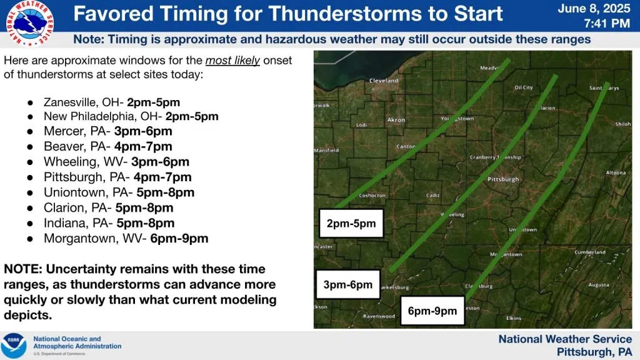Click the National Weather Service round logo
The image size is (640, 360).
[x=30, y=23]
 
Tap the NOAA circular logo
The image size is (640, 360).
[x=14, y=346]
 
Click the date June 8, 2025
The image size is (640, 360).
[x=594, y=9]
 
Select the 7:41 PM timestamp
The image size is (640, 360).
[x=607, y=23]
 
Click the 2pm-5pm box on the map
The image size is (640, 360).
[x=351, y=223]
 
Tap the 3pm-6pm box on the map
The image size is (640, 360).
[x=347, y=284]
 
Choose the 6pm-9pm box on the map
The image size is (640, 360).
[x=432, y=311]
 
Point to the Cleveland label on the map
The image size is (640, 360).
[x=384, y=81]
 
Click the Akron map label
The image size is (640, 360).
[x=396, y=119]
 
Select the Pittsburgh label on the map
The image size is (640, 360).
[x=503, y=179]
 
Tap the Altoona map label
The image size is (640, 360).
[x=616, y=172]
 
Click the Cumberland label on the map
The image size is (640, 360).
[x=590, y=252]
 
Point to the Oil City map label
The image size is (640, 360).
[x=523, y=87]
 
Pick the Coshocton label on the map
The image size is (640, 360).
[x=372, y=196]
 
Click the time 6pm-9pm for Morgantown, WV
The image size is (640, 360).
[x=179, y=238]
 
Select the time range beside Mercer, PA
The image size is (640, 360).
[x=143, y=131]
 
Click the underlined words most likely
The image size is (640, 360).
[x=232, y=61]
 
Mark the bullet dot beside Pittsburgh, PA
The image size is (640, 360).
[x=30, y=177]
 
